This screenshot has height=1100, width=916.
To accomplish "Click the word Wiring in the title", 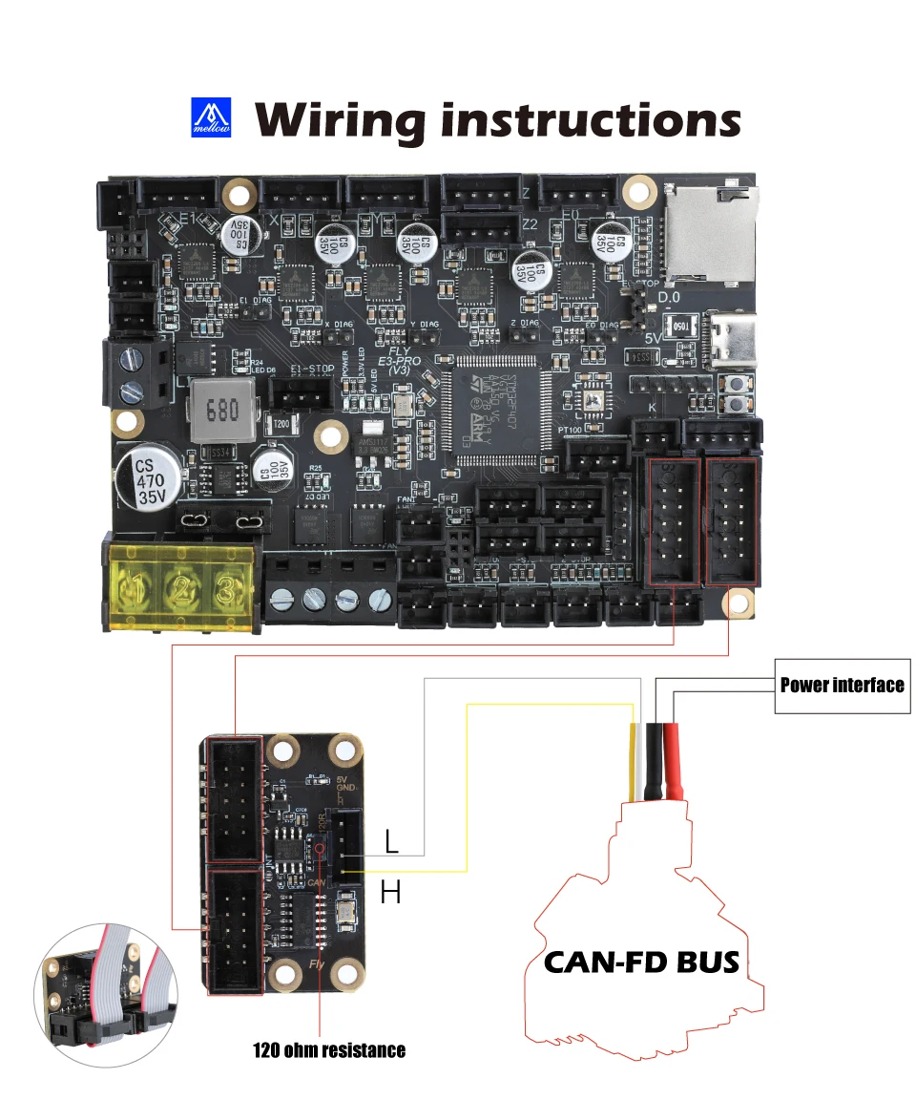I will pos(339,121).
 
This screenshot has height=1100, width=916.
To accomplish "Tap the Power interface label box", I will pos(842,685).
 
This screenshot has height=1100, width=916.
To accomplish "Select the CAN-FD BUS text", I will pos(641,961).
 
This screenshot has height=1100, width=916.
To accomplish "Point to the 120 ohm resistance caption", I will pos(328,1050).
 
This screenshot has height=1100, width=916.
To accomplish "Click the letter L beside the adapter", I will pos(391,841).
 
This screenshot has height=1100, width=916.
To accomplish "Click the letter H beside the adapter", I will pos(390,893).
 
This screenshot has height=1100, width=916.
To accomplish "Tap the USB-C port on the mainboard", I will pos(733,339).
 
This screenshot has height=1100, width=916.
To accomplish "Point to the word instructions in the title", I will pos(592,121).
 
